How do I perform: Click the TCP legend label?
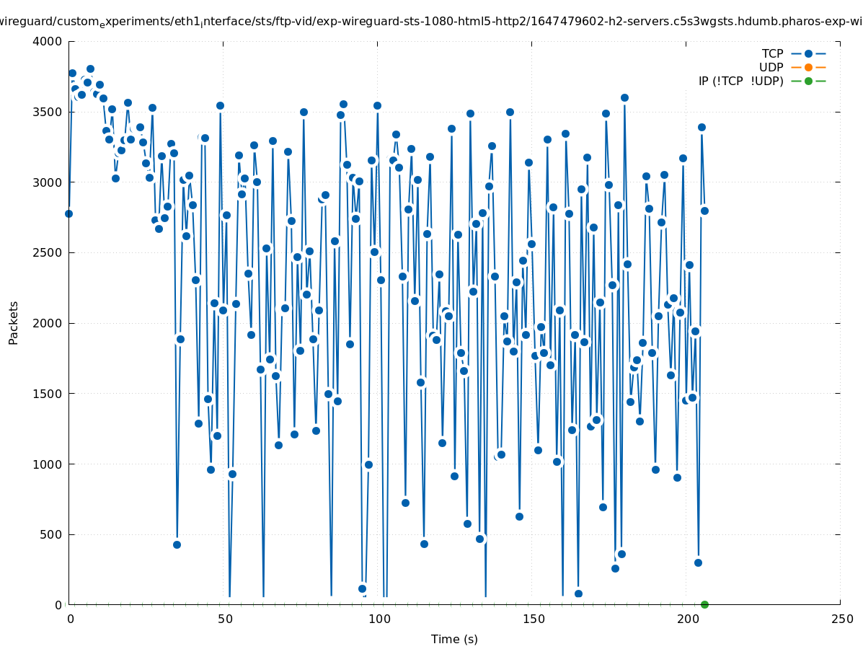[772, 53]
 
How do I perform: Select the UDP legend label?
[771, 67]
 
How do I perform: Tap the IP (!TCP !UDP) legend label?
[740, 81]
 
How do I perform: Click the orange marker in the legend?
[808, 67]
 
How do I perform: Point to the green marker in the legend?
[808, 81]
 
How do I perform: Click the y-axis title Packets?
[14, 322]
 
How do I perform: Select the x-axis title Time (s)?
[454, 639]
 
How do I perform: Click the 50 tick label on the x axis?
[224, 619]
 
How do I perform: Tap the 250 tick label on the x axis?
[841, 619]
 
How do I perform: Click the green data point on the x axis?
[704, 604]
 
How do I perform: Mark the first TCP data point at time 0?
[68, 213]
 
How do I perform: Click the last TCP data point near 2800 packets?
[704, 211]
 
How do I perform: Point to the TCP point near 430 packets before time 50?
[177, 544]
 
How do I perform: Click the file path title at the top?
[431, 22]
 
